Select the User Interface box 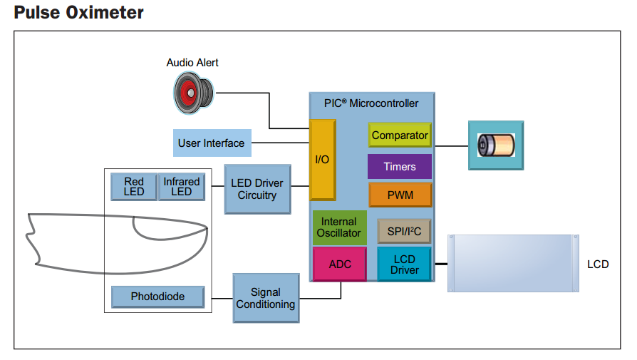212,143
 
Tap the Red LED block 134,187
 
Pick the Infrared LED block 182,187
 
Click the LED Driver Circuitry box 257,189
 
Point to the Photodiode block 157,297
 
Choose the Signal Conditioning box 266,298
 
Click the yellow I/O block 322,160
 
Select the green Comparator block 400,135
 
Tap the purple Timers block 400,167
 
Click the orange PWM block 400,195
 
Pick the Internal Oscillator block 339,227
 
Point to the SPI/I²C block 403,231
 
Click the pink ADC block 340,264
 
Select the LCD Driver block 404,264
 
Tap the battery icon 496,145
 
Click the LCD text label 598,264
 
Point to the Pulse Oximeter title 79,13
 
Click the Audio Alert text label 192,63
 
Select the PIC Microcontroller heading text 371,103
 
